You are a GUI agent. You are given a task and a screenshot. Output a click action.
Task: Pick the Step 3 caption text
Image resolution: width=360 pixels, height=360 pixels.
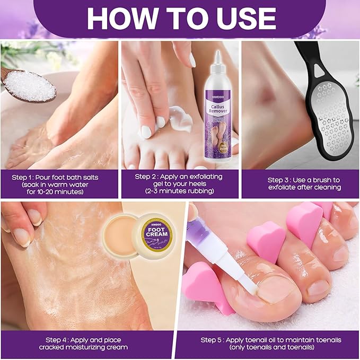click(x=304, y=183)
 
